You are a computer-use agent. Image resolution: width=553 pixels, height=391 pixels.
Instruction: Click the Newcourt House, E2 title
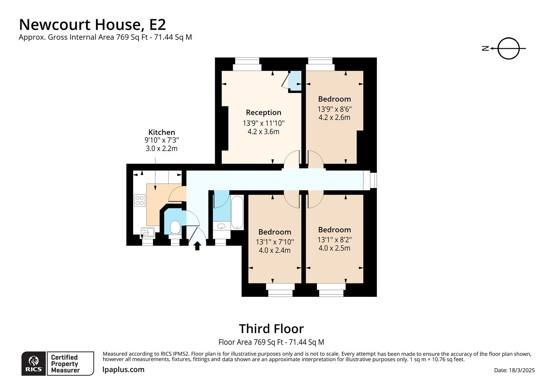point(92,25)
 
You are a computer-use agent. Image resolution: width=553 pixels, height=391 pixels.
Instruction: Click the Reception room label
point(263,112)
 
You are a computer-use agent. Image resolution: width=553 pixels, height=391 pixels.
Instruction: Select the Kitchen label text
point(161,132)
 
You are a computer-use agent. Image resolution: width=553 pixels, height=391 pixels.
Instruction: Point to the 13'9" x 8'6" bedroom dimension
point(334,109)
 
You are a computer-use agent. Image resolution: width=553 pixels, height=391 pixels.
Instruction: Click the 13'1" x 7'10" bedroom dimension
point(275,241)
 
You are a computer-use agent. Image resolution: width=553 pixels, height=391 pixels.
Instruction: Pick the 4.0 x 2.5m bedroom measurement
point(334,248)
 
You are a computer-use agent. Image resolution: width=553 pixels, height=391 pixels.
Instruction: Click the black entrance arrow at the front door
point(197,246)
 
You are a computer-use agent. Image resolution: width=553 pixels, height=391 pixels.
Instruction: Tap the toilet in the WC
point(175,227)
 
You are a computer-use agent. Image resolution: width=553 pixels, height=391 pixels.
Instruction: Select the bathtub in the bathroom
point(237,213)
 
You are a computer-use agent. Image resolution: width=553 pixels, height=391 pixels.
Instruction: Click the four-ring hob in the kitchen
point(140,200)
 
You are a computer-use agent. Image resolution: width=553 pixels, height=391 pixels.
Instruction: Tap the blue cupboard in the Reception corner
point(295,80)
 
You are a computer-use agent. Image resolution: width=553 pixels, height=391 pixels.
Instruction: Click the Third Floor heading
point(271,329)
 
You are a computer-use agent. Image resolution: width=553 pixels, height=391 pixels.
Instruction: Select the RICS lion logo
point(34,363)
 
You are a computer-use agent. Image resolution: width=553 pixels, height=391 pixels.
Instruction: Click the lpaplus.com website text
point(123,370)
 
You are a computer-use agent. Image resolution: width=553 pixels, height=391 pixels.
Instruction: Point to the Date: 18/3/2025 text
point(514,370)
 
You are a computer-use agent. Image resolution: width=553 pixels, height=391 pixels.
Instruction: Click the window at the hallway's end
point(373,180)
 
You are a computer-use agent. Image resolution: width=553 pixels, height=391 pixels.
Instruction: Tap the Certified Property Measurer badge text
point(65,363)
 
